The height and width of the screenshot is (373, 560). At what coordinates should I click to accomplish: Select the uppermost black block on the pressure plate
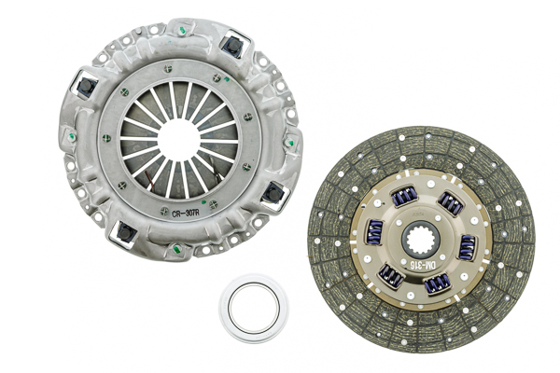tap(231, 47)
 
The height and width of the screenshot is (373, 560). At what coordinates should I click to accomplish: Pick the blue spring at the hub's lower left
tap(390, 276)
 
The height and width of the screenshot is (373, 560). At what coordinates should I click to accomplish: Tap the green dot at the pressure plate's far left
tap(71, 136)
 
